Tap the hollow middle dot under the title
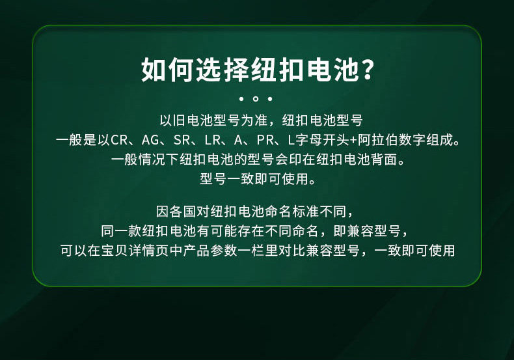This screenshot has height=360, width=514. (256, 99)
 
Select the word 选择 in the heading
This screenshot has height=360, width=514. (224, 70)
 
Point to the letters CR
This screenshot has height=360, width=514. (119, 141)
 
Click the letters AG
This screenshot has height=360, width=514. (150, 141)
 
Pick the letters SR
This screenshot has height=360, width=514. (182, 141)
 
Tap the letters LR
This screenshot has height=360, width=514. (212, 141)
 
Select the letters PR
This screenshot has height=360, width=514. (265, 141)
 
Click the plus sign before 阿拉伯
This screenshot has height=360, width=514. (353, 141)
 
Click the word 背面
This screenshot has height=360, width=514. (384, 159)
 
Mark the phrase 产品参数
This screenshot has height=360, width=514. (210, 251)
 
